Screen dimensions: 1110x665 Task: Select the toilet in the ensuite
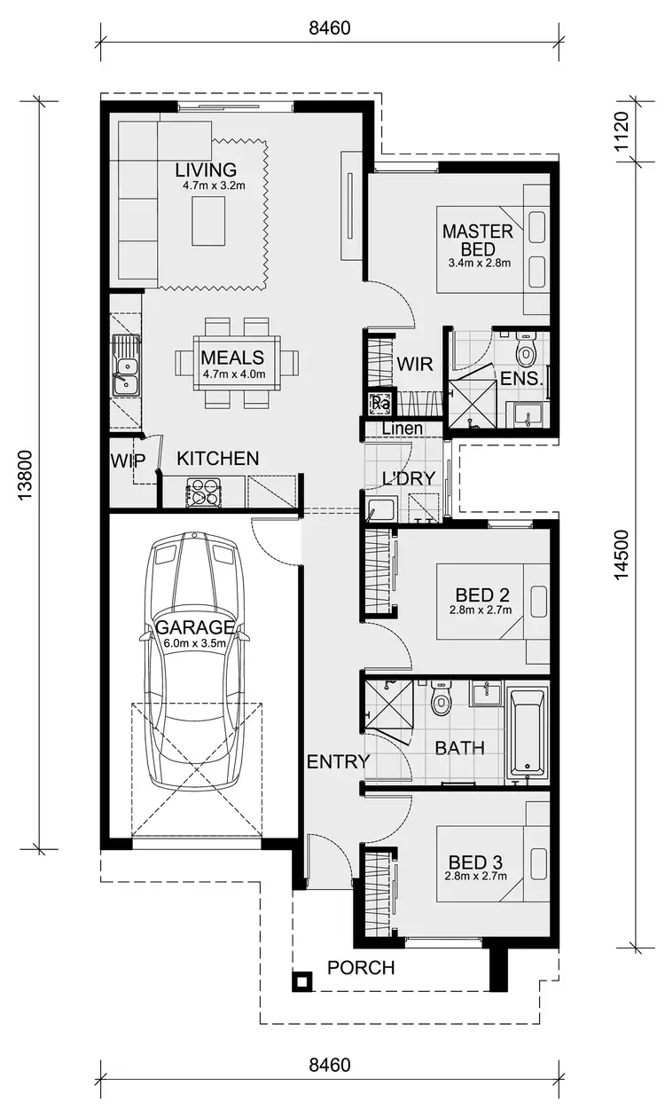(x=527, y=351)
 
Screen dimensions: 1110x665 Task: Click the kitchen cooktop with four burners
(x=203, y=492)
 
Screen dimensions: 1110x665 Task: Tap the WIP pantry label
(x=128, y=460)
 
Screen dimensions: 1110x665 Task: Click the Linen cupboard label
(x=402, y=429)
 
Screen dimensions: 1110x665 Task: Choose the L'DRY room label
(x=408, y=478)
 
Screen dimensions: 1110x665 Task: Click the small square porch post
(x=302, y=981)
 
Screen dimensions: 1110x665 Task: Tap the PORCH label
(x=361, y=967)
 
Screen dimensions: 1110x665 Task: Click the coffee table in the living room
(x=209, y=221)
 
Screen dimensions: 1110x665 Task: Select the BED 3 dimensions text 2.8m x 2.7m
(x=475, y=877)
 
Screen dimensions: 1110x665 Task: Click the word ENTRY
(x=337, y=761)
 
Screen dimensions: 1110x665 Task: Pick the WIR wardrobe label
(x=414, y=363)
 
